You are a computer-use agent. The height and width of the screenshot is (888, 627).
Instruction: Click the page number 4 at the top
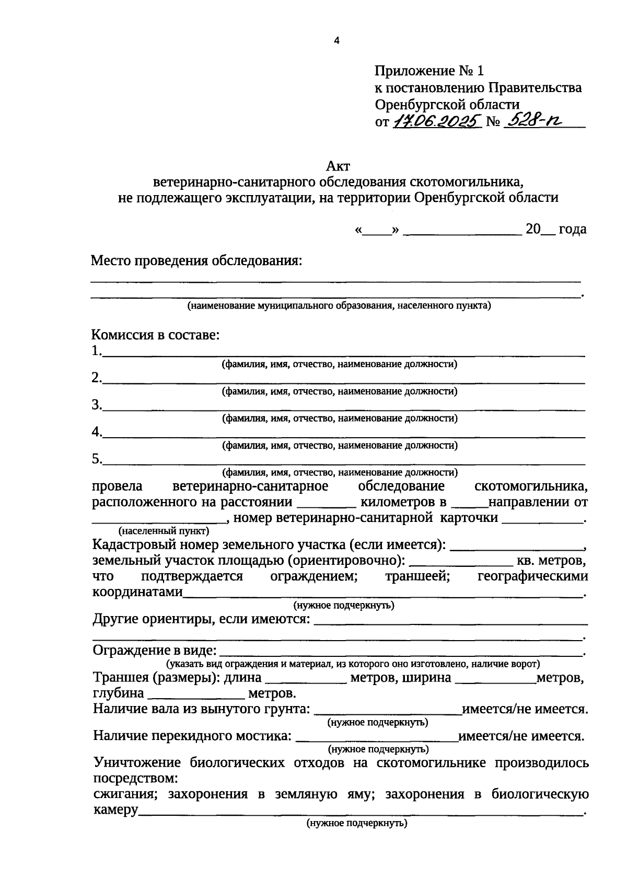coord(336,41)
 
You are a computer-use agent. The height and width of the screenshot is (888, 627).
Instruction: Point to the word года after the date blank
coord(572,229)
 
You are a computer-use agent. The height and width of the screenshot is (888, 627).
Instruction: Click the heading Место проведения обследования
coord(196,260)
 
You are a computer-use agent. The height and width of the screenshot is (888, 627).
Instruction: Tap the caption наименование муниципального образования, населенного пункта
coord(339,306)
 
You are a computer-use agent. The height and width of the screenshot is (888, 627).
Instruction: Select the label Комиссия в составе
coord(156,335)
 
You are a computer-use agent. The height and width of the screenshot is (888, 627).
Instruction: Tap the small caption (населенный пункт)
coord(164,531)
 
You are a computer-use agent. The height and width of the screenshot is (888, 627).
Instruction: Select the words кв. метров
coord(551,561)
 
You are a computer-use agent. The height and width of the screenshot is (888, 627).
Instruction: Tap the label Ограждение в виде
coord(155,651)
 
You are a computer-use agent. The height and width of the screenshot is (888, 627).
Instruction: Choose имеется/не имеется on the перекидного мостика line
coord(521,736)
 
